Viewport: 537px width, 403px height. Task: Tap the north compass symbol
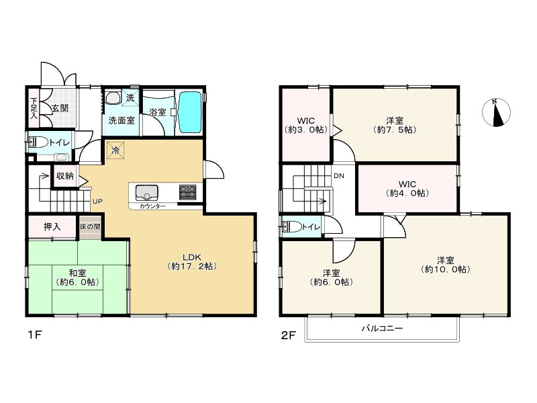(496, 112)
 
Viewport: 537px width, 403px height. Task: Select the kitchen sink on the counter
(146, 193)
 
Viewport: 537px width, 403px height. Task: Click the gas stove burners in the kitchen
(188, 192)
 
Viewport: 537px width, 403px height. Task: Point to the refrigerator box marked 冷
(115, 150)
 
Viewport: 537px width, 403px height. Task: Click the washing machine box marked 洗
(130, 97)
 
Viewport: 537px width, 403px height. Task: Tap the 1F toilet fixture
(38, 142)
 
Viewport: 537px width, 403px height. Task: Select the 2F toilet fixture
(292, 226)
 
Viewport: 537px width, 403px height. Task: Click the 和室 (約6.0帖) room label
(78, 277)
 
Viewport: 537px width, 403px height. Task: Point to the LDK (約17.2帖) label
(192, 261)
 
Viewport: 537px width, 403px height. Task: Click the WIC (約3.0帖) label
(306, 126)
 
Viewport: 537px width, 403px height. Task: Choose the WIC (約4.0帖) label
(407, 189)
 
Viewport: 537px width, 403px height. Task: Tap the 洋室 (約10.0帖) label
(446, 265)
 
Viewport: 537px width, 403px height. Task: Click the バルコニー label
(382, 328)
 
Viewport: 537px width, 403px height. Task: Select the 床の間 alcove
(91, 227)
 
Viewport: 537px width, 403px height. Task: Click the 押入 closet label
(52, 226)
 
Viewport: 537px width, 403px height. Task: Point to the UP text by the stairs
(97, 201)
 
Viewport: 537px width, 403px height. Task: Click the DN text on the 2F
(339, 176)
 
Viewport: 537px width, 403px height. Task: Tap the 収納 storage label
(64, 176)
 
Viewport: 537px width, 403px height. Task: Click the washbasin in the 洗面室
(113, 97)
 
